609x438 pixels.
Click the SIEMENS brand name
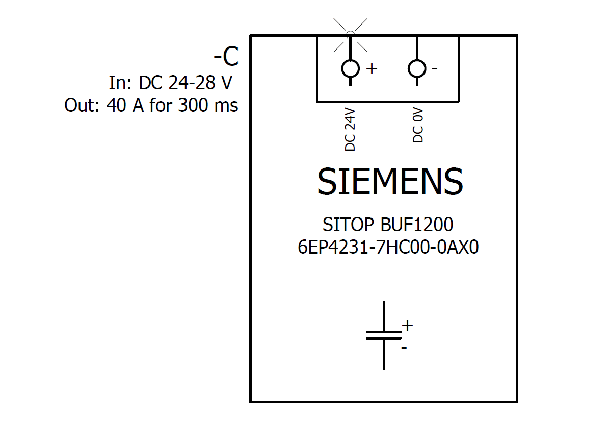pyautogui.click(x=390, y=182)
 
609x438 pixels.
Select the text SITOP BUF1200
pyautogui.click(x=388, y=225)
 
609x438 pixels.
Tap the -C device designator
pyautogui.click(x=226, y=58)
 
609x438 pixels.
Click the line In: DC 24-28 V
pyautogui.click(x=173, y=83)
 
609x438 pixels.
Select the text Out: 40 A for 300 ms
pyautogui.click(x=151, y=106)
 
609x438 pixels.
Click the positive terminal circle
pyautogui.click(x=350, y=68)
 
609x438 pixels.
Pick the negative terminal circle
pyautogui.click(x=417, y=68)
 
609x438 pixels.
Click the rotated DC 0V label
pyautogui.click(x=418, y=128)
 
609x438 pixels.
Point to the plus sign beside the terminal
pyautogui.click(x=372, y=69)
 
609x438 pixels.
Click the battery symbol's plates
pyautogui.click(x=383, y=335)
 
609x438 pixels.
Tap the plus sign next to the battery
pyautogui.click(x=407, y=325)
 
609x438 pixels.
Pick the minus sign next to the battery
pyautogui.click(x=404, y=348)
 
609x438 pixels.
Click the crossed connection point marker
pyautogui.click(x=350, y=34)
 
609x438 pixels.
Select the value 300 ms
pyautogui.click(x=208, y=106)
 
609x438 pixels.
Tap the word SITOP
pyautogui.click(x=350, y=225)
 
